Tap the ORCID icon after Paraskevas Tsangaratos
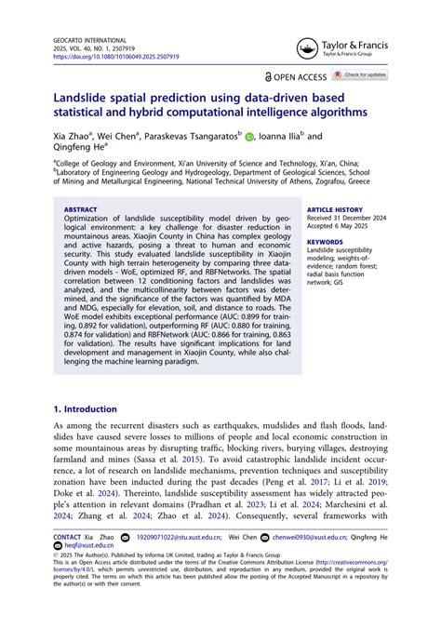[248, 135]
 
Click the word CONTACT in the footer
[68, 539]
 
